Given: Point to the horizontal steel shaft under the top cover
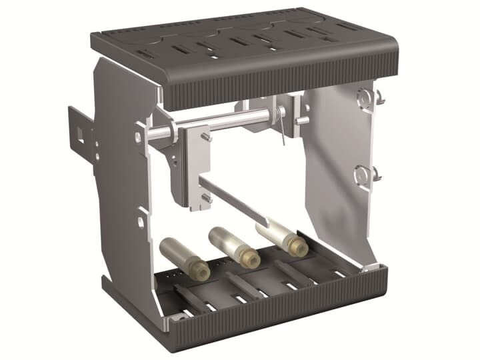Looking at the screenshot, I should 220,123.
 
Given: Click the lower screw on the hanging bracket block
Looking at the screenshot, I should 207,197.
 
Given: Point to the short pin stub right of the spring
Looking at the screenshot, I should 302,121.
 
